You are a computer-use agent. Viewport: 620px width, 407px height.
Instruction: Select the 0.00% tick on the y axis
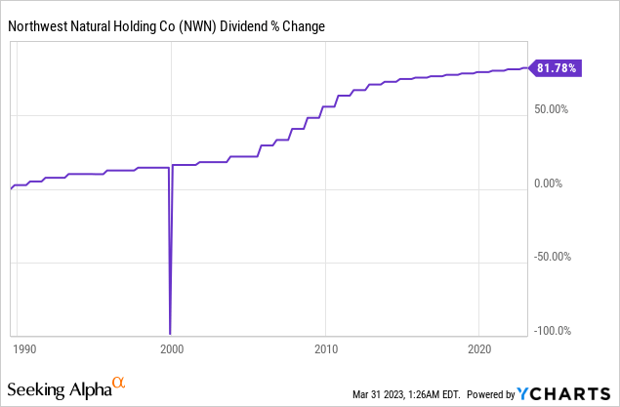coord(558,183)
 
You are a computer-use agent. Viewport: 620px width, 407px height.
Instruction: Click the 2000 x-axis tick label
coord(172,348)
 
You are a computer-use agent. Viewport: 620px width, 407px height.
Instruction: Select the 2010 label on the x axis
coord(325,348)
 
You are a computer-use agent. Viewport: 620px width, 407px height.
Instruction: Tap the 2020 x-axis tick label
coord(478,348)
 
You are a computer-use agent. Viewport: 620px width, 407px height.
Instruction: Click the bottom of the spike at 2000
coord(171,333)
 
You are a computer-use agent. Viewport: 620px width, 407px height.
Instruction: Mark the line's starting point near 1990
coord(10,188)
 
